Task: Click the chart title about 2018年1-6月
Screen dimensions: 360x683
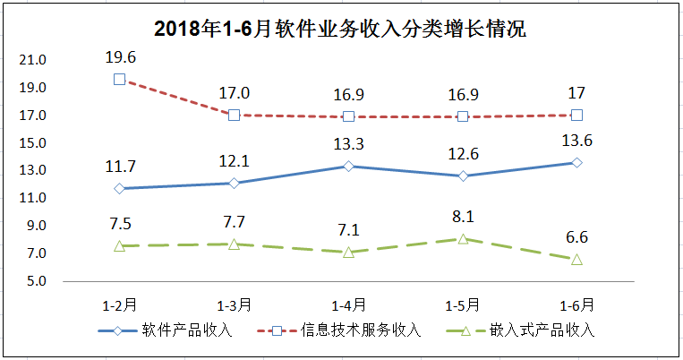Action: pyautogui.click(x=340, y=29)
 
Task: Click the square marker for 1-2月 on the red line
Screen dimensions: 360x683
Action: pyautogui.click(x=119, y=79)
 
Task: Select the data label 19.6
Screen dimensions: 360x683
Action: pyautogui.click(x=119, y=56)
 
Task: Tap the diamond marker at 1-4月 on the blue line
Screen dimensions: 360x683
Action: pyautogui.click(x=348, y=166)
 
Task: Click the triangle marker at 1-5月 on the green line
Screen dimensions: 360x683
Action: pyautogui.click(x=463, y=238)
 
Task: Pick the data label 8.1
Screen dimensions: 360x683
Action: pyautogui.click(x=463, y=217)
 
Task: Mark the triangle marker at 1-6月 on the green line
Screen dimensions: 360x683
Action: pyautogui.click(x=577, y=259)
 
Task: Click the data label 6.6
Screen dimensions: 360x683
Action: pyautogui.click(x=577, y=238)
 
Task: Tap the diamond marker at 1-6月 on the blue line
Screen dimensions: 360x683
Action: pyautogui.click(x=577, y=162)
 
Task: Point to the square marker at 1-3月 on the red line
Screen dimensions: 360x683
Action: pyautogui.click(x=234, y=115)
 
